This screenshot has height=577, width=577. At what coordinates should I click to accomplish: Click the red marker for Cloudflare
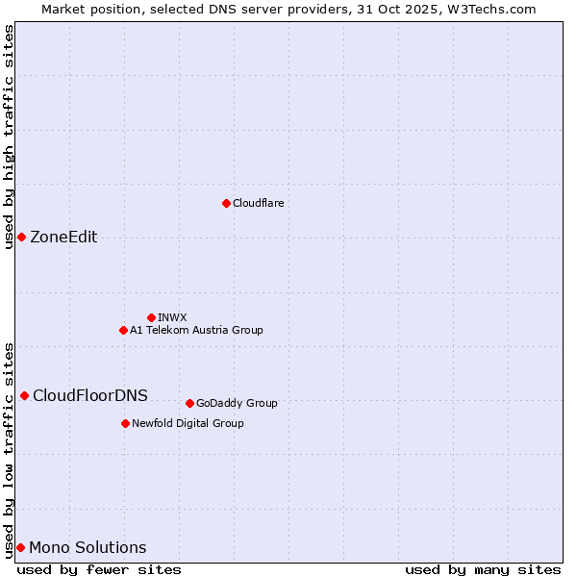[226, 203]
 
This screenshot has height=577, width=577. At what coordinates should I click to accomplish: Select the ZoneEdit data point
[21, 237]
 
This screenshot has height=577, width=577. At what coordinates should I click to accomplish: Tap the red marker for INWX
[151, 317]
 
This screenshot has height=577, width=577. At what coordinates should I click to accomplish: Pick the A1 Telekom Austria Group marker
[123, 330]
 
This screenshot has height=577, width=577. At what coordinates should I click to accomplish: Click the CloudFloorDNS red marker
[24, 395]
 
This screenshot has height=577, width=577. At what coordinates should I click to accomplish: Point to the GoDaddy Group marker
[189, 403]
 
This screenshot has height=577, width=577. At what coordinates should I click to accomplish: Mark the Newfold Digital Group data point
[125, 423]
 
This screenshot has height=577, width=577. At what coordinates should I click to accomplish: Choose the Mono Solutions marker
[20, 547]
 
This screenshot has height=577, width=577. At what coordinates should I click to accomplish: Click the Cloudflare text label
[258, 203]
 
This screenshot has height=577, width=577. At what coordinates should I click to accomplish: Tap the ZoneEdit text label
[63, 238]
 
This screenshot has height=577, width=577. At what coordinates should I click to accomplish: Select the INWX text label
[172, 317]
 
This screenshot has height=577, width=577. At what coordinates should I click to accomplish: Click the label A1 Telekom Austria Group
[196, 330]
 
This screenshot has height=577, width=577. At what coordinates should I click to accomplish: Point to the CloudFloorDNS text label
[90, 395]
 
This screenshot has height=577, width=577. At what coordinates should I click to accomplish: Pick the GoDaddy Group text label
[237, 403]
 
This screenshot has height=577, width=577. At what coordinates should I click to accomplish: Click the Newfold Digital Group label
[188, 423]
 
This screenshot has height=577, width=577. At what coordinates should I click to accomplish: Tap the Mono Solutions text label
[88, 548]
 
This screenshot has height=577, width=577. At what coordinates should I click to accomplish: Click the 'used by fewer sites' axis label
[99, 569]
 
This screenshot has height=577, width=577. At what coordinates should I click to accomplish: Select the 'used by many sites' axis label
[483, 569]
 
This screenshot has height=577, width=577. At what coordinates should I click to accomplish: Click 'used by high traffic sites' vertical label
[9, 137]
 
